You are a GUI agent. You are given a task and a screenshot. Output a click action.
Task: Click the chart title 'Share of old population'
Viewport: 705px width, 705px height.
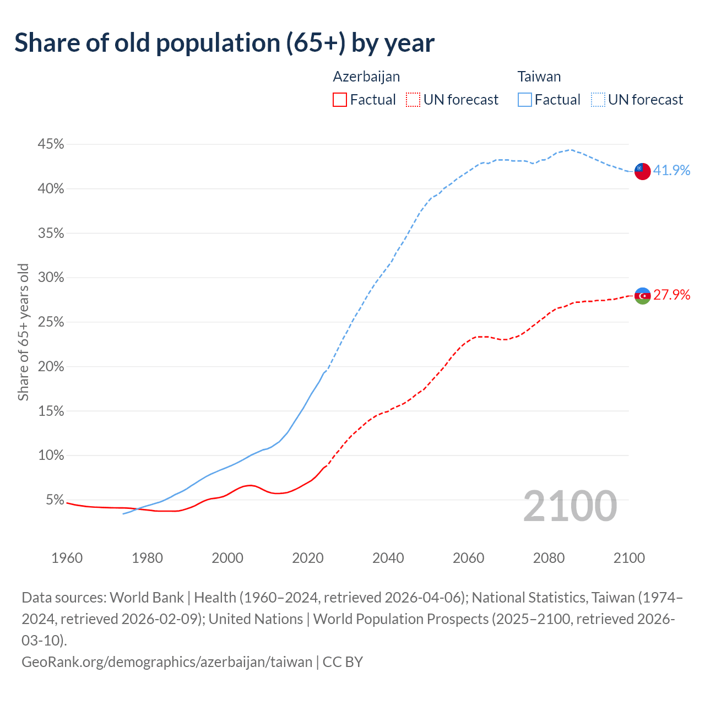click(x=224, y=43)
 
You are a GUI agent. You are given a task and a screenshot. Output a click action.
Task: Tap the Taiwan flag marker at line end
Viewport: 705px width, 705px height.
click(x=642, y=171)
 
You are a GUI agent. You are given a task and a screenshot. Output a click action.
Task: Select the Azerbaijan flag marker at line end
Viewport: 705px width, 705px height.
click(x=642, y=296)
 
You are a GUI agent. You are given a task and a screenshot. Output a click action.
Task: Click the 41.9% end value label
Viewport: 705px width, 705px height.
click(x=671, y=170)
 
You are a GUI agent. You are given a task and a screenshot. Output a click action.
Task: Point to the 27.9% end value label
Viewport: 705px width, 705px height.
click(x=671, y=295)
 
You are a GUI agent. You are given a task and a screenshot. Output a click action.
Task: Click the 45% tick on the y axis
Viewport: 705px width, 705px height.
click(x=51, y=144)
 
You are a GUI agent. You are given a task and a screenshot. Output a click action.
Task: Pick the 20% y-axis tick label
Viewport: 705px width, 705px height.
click(x=51, y=367)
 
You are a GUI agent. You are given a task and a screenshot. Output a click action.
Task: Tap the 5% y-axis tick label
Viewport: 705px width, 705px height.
click(x=55, y=500)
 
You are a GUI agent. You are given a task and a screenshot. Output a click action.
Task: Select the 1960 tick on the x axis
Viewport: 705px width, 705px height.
click(x=67, y=558)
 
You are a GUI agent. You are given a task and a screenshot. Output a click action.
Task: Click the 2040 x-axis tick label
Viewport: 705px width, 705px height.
click(x=388, y=558)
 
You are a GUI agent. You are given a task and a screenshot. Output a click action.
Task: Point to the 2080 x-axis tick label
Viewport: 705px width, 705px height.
click(x=549, y=558)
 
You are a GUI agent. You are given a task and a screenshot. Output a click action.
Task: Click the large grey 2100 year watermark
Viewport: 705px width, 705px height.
click(x=570, y=506)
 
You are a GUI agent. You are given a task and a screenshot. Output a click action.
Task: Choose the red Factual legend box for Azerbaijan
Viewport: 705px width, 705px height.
click(x=340, y=100)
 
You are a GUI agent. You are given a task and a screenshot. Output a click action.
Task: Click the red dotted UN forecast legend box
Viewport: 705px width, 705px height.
click(x=413, y=100)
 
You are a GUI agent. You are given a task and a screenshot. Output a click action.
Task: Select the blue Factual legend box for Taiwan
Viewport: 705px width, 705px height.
click(x=524, y=100)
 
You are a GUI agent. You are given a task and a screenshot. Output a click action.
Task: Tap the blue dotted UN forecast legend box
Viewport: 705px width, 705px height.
click(x=598, y=100)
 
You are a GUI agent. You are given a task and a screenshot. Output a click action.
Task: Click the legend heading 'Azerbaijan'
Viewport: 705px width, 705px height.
click(x=366, y=77)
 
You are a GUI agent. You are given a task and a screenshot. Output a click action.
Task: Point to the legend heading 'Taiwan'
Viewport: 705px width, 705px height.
click(x=539, y=77)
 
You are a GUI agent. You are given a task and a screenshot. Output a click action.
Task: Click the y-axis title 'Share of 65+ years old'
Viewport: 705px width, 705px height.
click(x=23, y=332)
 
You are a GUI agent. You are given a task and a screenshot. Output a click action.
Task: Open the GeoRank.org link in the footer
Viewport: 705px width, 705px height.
click(x=167, y=661)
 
